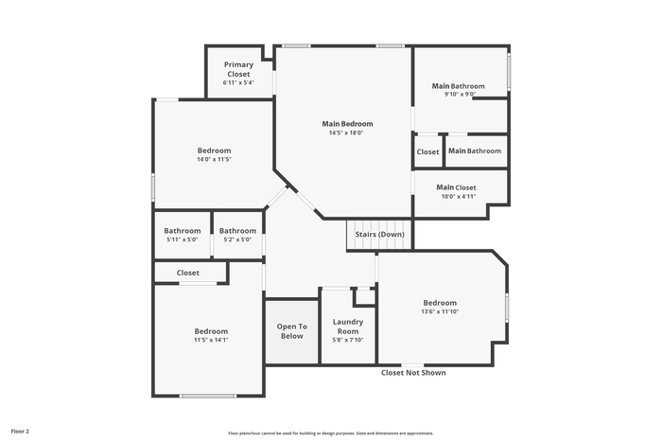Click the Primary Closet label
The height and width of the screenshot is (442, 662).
238,69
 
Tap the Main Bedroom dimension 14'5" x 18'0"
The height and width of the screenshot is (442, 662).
346,133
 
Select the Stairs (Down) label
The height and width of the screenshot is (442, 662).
379,234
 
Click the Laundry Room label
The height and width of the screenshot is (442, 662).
348,327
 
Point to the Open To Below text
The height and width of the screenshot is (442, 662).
291,331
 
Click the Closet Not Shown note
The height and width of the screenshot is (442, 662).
413,373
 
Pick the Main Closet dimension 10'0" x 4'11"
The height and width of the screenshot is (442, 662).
459,197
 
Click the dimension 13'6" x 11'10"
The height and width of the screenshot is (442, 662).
440,311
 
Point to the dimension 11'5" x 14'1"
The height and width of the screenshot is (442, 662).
211,340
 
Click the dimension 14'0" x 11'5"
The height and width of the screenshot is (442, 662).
214,159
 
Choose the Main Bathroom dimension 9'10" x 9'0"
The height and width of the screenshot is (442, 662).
460,95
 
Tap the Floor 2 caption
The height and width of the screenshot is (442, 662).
20,432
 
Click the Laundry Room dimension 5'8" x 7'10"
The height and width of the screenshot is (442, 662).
348,340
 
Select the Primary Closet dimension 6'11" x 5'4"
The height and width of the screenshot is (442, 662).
238,83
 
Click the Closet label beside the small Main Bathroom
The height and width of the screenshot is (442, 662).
427,151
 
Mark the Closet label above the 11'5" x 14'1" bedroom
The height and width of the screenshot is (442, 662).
188,273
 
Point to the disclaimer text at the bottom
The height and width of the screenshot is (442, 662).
331,433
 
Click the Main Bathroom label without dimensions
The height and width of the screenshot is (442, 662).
475,150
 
